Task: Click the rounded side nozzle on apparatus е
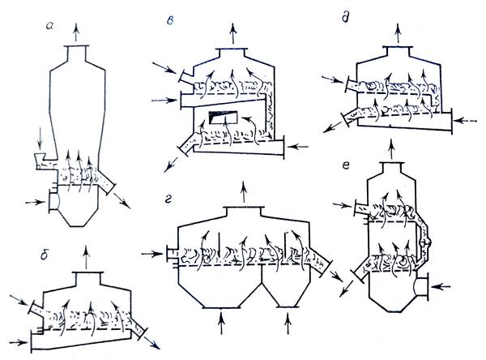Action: (423, 286)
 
